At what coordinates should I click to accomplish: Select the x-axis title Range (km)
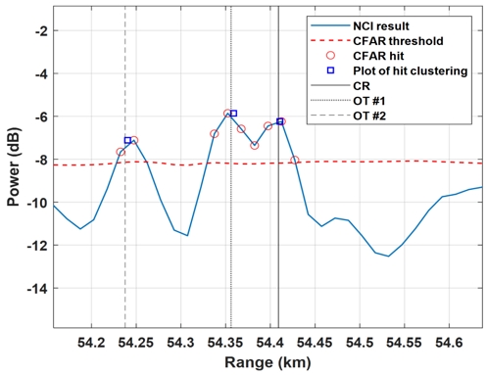coord(268,361)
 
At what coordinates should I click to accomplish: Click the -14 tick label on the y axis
coord(36,289)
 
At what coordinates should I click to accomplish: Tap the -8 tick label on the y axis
coord(39,160)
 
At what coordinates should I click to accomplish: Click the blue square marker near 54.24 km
coord(127,141)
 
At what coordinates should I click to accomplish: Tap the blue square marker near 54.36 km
coord(233,114)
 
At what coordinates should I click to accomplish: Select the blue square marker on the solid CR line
coord(279,121)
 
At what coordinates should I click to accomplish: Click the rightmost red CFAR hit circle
coord(295,160)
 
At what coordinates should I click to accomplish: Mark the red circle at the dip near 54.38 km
coord(255,146)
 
